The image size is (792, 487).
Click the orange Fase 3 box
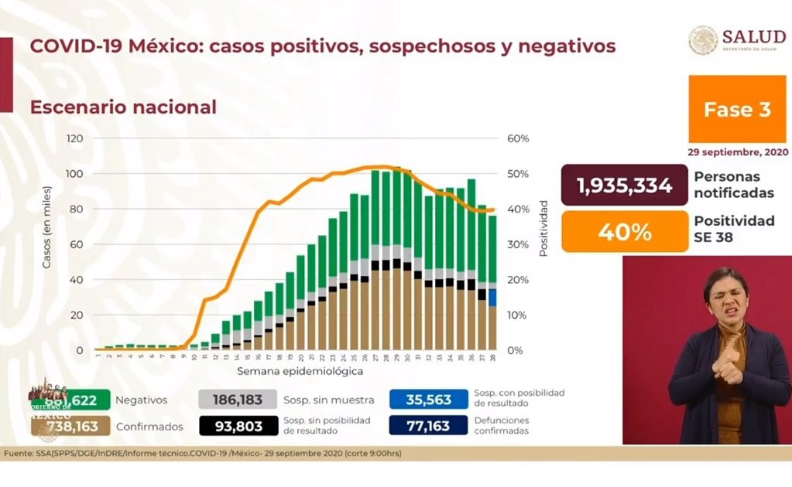736,110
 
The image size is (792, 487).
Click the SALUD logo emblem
703,41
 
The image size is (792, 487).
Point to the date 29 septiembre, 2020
736,152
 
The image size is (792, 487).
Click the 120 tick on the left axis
74,138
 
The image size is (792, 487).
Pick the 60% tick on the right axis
518,138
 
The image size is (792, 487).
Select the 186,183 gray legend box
237,400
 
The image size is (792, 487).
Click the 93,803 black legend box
237,425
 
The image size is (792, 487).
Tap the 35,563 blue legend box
429,400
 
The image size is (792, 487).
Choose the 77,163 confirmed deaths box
429,425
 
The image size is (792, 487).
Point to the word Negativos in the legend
141,400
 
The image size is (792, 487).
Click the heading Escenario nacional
123,107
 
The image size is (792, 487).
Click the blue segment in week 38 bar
492,298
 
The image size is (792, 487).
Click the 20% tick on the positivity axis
518,280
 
